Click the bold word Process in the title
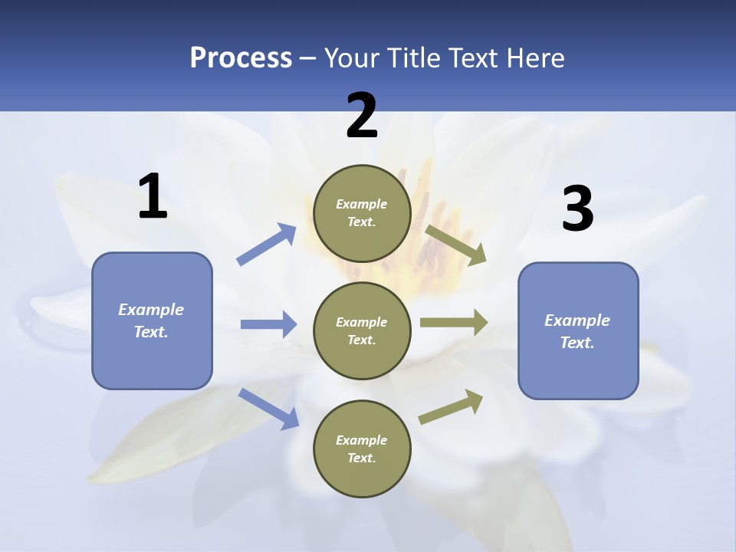pos(241,58)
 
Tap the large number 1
pos(153,196)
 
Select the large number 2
pos(362,116)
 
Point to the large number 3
pos(577,209)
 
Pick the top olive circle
pos(362,213)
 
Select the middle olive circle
pos(362,330)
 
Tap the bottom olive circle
pos(362,449)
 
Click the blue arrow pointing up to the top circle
pos(267,245)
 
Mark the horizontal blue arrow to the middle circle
pos(268,324)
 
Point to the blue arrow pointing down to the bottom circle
pos(268,408)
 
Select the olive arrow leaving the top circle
pos(456,245)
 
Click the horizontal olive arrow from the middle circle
pos(454,323)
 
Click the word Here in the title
pos(535,58)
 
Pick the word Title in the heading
pos(413,58)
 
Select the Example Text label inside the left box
pos(151,320)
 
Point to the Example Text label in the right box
pos(577,331)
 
